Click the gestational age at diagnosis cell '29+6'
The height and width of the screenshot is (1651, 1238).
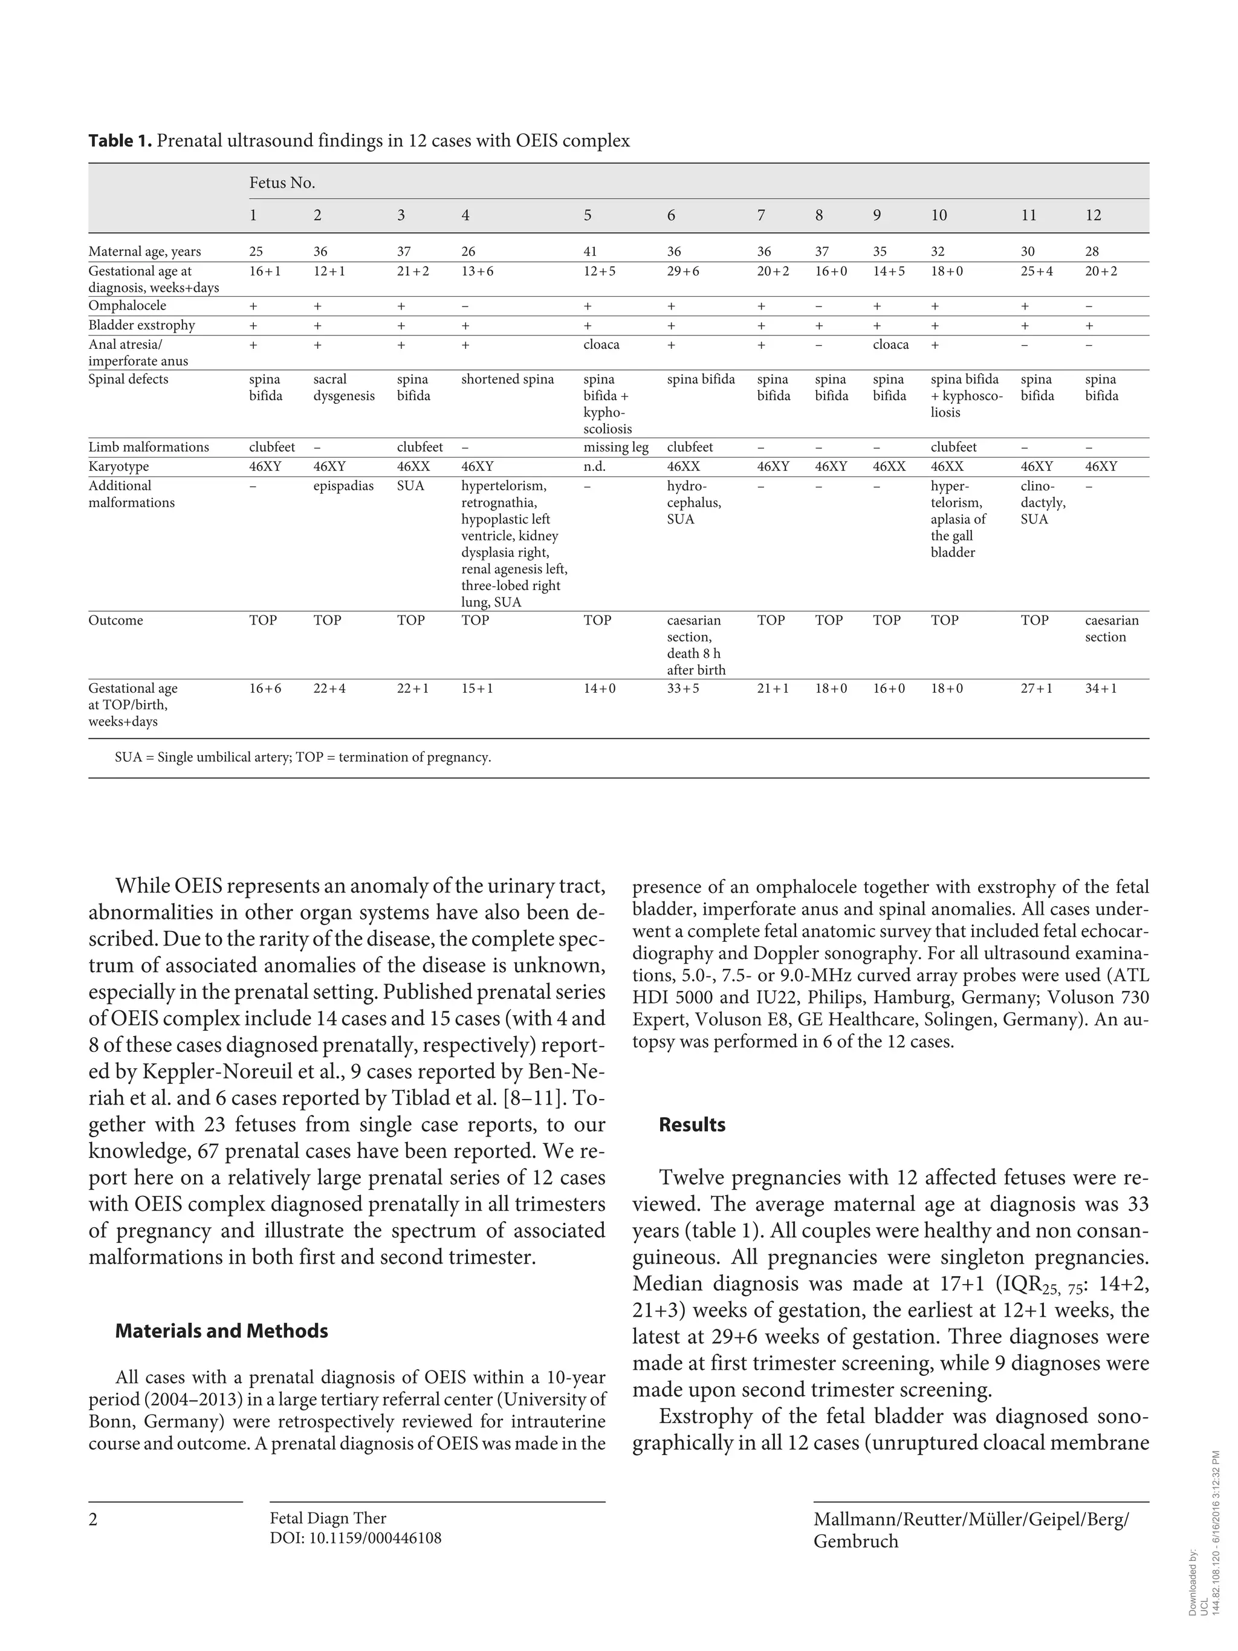tap(683, 271)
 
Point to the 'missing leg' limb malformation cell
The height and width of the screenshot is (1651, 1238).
tap(615, 447)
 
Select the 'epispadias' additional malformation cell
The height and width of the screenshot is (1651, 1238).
tap(343, 486)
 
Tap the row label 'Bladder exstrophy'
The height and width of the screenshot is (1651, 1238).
tap(141, 325)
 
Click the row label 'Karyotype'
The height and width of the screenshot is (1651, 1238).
tap(118, 467)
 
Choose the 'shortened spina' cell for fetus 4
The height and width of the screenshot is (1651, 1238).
tap(507, 379)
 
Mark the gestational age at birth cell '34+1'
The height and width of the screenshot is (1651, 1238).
tap(1101, 688)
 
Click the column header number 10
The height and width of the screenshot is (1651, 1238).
tap(939, 215)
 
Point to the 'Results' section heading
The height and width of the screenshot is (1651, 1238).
tap(692, 1125)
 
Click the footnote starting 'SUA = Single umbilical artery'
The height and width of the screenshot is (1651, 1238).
tap(302, 757)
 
